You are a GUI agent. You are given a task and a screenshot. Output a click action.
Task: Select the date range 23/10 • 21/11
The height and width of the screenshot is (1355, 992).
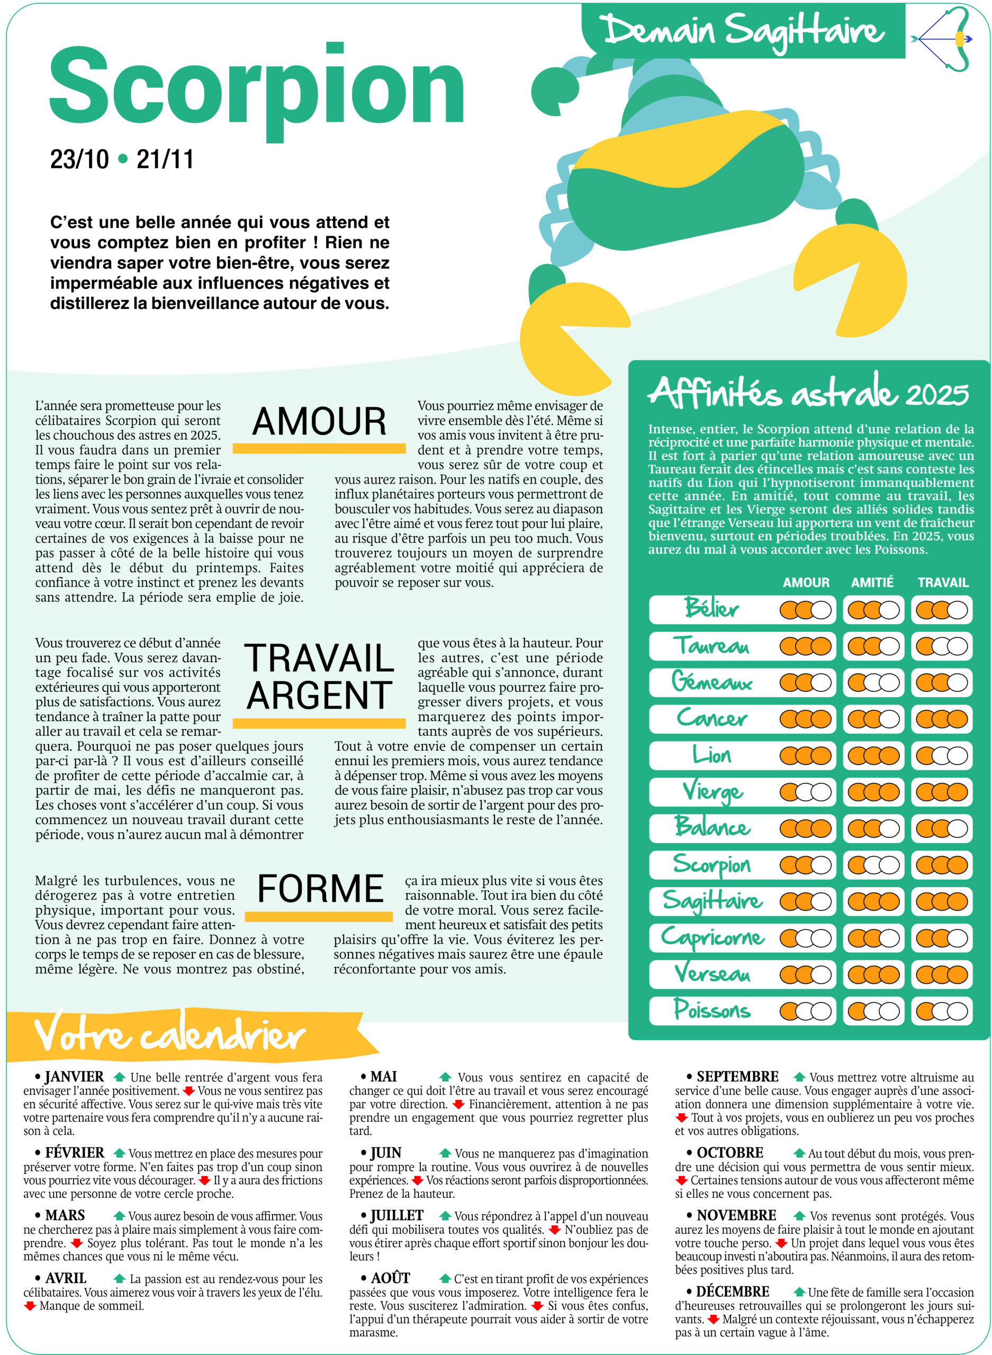[122, 160]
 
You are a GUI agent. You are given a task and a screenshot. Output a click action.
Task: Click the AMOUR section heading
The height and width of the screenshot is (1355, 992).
[319, 422]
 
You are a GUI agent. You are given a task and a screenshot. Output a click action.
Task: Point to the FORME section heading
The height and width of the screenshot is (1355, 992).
[320, 889]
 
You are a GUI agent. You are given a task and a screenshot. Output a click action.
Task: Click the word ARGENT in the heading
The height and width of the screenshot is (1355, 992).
[319, 695]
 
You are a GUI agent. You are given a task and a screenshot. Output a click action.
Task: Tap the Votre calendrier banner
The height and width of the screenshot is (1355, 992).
[170, 1036]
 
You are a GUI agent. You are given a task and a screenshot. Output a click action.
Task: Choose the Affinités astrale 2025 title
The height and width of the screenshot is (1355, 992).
[808, 393]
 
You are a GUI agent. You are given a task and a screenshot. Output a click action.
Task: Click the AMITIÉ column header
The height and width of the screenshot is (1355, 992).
[872, 582]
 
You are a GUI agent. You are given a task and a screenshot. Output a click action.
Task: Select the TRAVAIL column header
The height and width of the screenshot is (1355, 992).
[943, 582]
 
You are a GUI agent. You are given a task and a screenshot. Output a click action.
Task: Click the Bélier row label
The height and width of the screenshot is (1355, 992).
[711, 609]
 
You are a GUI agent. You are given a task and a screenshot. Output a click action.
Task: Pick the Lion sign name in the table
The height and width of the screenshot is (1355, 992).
[711, 755]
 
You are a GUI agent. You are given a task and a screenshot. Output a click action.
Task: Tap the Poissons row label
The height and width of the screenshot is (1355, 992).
[712, 1010]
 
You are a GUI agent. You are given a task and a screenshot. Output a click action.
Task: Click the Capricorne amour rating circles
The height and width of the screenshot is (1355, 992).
[805, 938]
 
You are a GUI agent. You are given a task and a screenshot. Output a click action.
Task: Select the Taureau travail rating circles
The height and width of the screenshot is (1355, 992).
[942, 646]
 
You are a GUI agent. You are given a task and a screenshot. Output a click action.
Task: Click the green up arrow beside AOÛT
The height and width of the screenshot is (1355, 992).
[445, 1278]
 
